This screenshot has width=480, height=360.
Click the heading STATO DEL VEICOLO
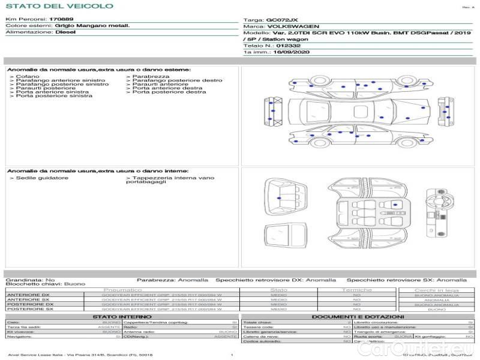59,6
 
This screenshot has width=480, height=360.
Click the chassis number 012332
289,46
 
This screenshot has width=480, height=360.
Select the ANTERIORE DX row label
28,295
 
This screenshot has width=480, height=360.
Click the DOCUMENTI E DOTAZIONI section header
358,316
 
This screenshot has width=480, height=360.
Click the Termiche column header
357,290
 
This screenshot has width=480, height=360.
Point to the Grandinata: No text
31,280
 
